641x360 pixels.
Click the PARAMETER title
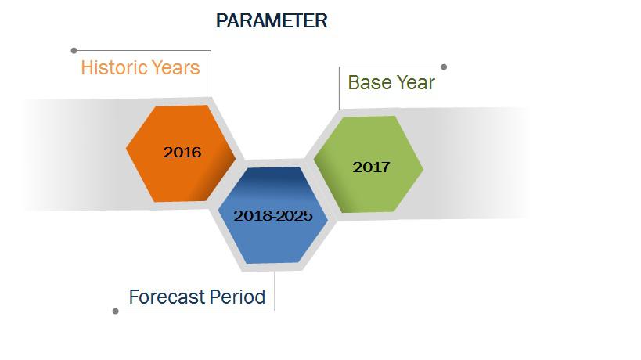272,21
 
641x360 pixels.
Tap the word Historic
114,67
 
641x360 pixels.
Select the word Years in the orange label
176,67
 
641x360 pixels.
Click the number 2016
182,153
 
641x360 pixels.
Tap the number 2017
371,167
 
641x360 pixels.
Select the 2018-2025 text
273,216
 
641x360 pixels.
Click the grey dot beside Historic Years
74,51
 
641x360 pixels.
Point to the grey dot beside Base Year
444,67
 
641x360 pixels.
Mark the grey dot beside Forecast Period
116,311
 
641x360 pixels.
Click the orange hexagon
181,153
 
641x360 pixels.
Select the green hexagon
369,164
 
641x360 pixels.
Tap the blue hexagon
273,215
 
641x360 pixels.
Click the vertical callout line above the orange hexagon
211,74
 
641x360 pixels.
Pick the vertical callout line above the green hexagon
340,88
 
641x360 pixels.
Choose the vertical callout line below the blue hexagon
275,291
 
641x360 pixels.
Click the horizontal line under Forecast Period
196,311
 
